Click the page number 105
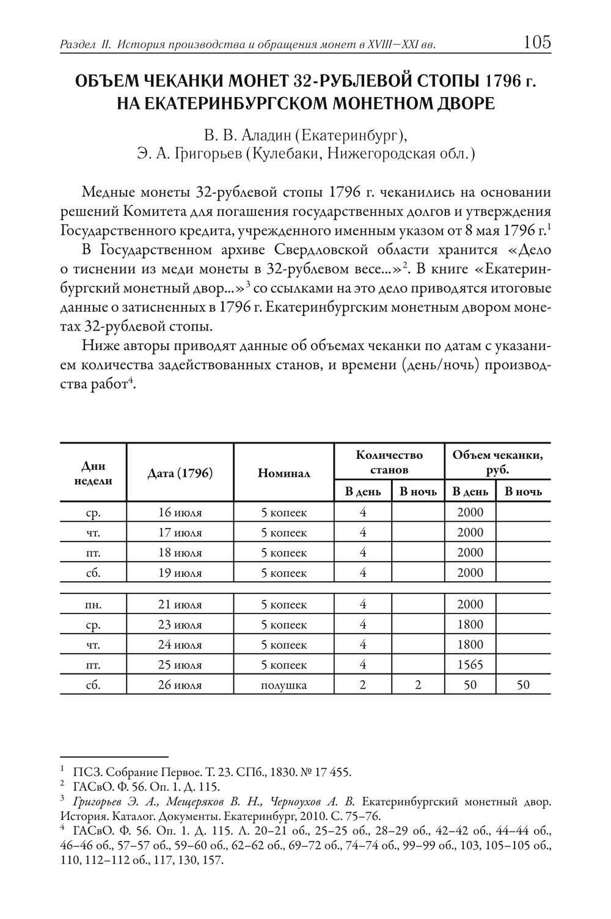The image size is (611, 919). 537,42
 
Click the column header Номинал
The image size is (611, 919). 284,472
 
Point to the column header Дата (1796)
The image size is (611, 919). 180,472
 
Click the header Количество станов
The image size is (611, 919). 389,462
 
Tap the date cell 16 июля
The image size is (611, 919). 180,512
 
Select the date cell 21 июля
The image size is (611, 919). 180,604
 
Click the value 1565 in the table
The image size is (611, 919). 469,665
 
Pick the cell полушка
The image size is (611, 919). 284,685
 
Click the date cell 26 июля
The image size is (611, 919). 180,685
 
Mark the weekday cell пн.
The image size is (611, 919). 93,604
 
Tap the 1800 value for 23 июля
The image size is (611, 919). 469,624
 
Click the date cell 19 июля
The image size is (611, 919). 180,573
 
